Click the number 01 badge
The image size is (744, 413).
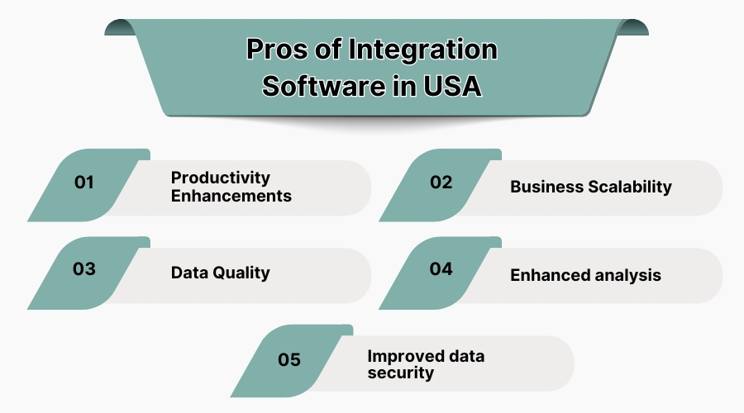click(x=84, y=183)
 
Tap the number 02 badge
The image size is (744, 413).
click(x=441, y=183)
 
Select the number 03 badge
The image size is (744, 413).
click(x=84, y=269)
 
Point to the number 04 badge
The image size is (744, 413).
click(x=441, y=269)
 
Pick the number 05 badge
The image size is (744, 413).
click(x=289, y=360)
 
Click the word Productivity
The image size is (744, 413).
click(x=221, y=178)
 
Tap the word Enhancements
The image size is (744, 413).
click(x=231, y=197)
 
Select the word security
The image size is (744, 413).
click(x=400, y=373)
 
